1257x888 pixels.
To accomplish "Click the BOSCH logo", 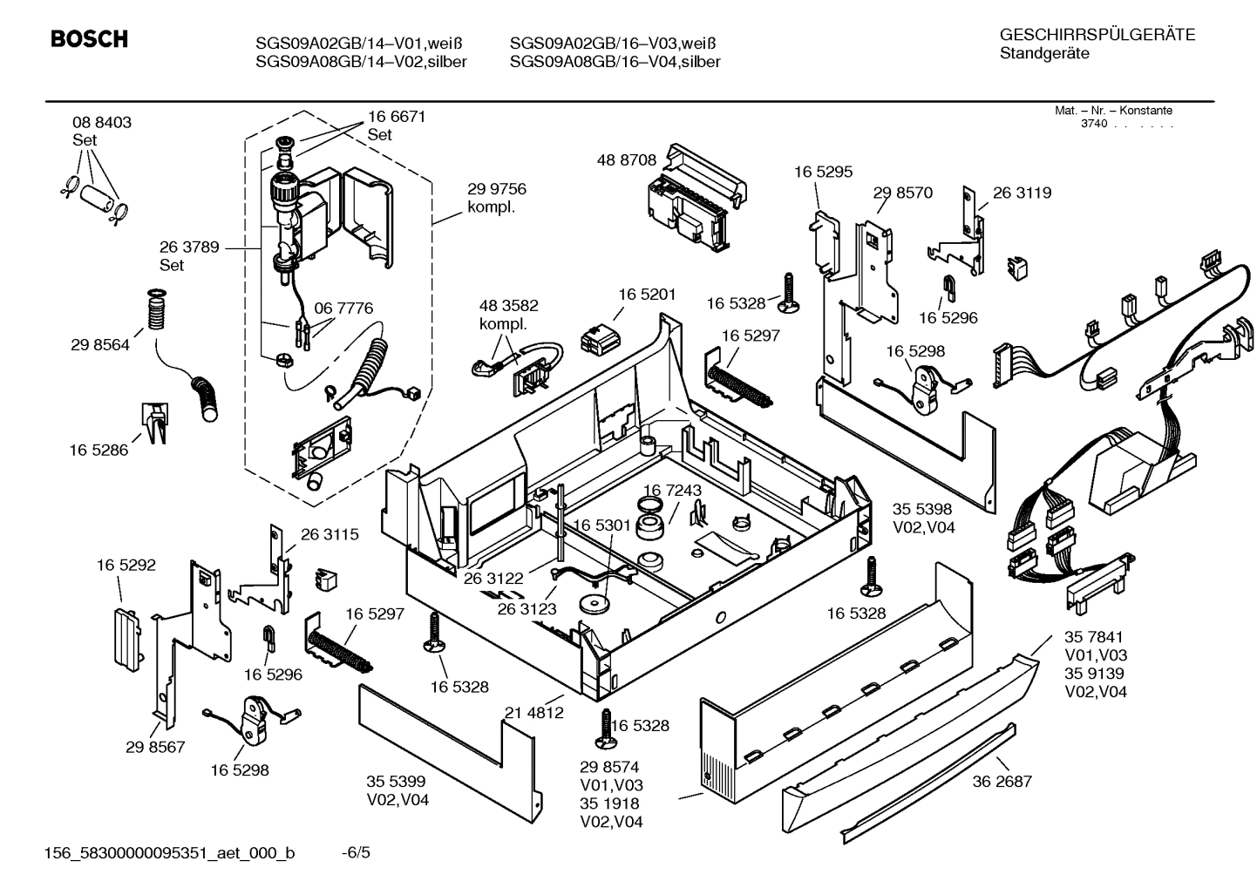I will coord(89,39).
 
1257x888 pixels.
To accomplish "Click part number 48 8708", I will coord(626,159).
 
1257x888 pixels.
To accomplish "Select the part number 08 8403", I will coord(102,123).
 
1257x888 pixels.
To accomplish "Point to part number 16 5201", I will coord(647,295).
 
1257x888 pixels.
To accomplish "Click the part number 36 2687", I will coord(1002,781).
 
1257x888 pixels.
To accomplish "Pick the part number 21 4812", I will coord(533,712).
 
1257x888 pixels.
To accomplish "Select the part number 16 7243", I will coord(672,491).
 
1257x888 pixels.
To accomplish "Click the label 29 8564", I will coord(100,344).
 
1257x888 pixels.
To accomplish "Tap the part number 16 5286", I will coord(99,450).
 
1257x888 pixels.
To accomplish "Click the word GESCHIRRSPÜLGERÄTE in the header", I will coord(1097,35).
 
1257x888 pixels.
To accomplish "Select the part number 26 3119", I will coord(1022,193).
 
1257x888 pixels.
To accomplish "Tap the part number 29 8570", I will coord(902,193).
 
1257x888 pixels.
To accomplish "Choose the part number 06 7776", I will coord(343,308).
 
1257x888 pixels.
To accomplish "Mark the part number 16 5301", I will coord(601,525).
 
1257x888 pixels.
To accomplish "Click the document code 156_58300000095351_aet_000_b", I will coord(169,852).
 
